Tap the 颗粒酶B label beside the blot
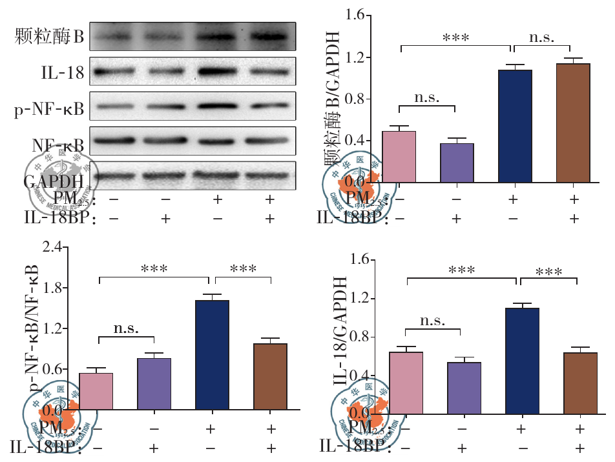pyautogui.click(x=50, y=37)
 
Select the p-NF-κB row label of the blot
pyautogui.click(x=50, y=109)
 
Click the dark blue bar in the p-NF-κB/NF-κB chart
pyautogui.click(x=212, y=355)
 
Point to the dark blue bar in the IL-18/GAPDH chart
pyautogui.click(x=521, y=361)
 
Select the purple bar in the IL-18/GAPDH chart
pyautogui.click(x=463, y=388)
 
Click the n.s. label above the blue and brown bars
pyautogui.click(x=541, y=37)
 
